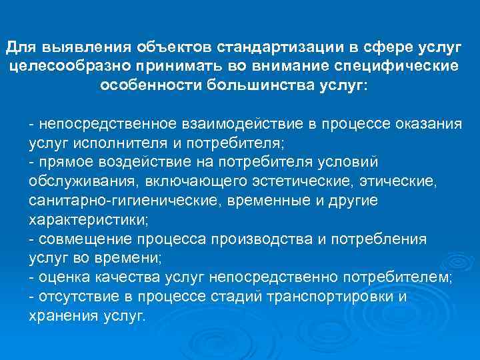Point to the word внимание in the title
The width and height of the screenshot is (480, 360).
coord(295,67)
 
